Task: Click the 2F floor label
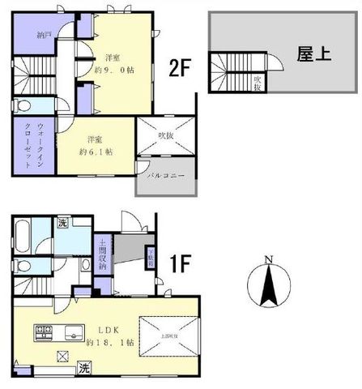(x=180, y=69)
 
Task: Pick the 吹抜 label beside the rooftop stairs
(x=257, y=82)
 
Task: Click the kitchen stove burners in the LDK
(x=42, y=331)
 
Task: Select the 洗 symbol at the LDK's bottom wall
(x=84, y=368)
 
